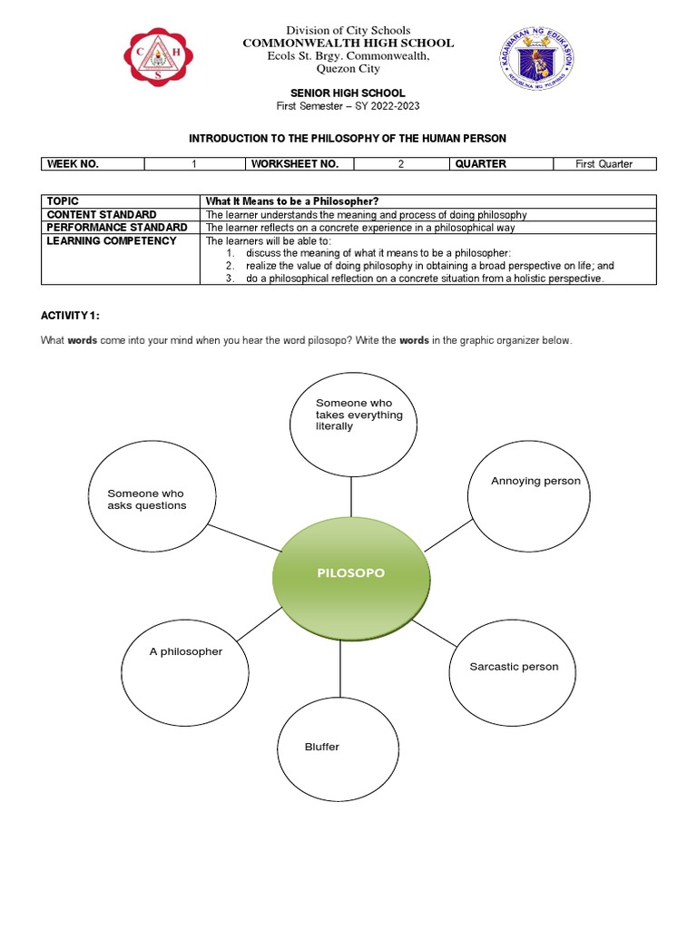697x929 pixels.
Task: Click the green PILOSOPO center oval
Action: point(350,573)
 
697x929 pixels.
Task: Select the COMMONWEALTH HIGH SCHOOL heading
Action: point(348,44)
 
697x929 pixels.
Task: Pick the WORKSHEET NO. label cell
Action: point(299,164)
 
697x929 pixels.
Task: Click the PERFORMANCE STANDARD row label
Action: point(118,228)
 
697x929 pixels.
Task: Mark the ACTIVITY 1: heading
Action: point(70,315)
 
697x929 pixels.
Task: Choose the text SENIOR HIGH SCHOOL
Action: point(348,93)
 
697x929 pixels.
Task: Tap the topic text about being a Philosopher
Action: point(291,201)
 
